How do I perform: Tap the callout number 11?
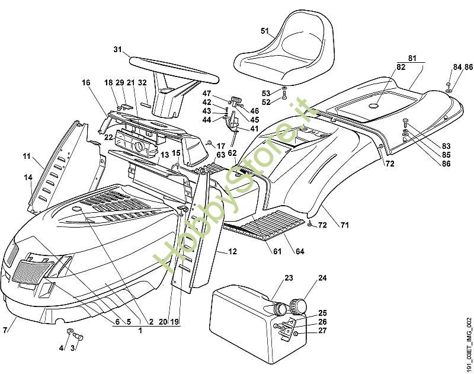[x=27, y=156]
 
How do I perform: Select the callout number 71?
[x=345, y=225]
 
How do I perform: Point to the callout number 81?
[x=412, y=57]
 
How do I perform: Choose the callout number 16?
[x=87, y=83]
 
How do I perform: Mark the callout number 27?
[x=322, y=331]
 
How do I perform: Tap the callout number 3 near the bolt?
[x=73, y=349]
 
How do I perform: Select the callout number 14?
[x=28, y=177]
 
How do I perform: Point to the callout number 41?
[x=254, y=129]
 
